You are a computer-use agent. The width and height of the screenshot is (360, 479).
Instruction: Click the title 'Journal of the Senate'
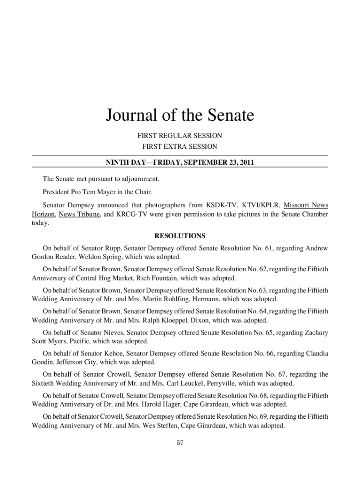click(180, 115)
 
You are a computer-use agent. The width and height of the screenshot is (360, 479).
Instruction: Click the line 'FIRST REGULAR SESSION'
click(180, 136)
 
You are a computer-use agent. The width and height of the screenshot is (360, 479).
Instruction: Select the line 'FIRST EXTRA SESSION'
click(180, 147)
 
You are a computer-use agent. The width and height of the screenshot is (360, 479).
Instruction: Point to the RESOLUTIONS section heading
click(180, 236)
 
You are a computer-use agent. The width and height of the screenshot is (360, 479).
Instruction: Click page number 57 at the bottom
click(180, 443)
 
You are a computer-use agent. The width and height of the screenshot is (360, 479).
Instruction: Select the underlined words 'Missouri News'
click(306, 205)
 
